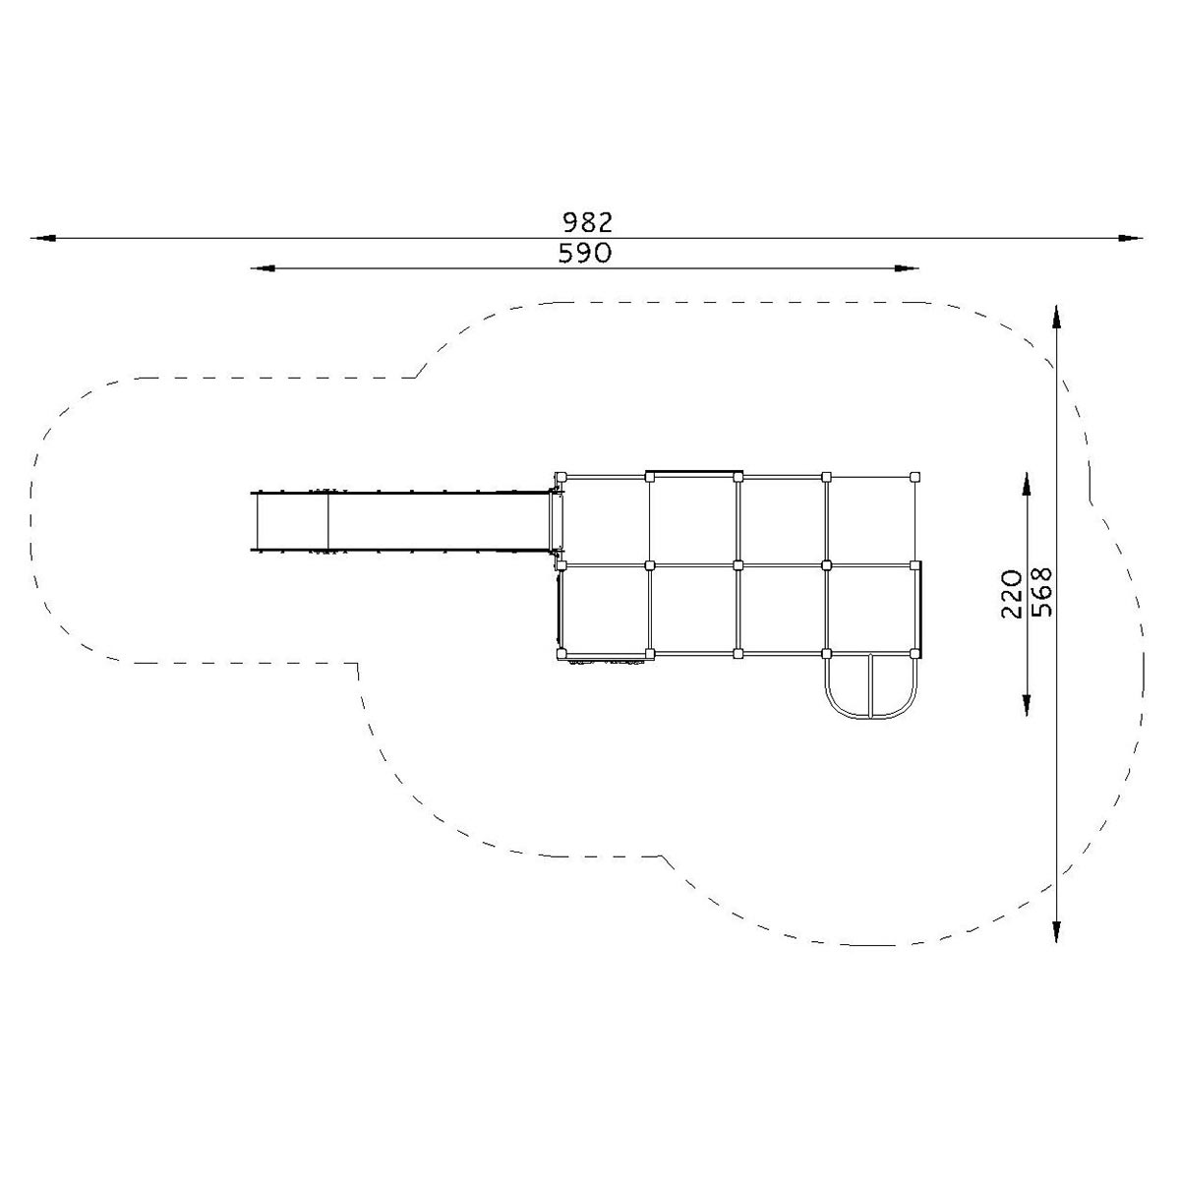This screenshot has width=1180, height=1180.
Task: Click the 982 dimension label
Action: tap(587, 222)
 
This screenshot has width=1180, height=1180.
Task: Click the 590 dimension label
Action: tap(585, 253)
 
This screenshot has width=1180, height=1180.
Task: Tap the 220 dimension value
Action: tap(1012, 594)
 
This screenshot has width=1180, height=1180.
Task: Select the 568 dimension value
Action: tap(1041, 592)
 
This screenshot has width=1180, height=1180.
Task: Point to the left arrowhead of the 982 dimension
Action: tap(44, 238)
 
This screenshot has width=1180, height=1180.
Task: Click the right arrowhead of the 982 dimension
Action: tap(1129, 238)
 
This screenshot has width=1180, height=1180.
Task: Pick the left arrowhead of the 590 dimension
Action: tap(264, 268)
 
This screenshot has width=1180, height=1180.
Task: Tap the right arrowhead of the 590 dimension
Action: tap(906, 268)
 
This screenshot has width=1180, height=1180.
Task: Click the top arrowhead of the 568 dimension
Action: tap(1056, 318)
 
